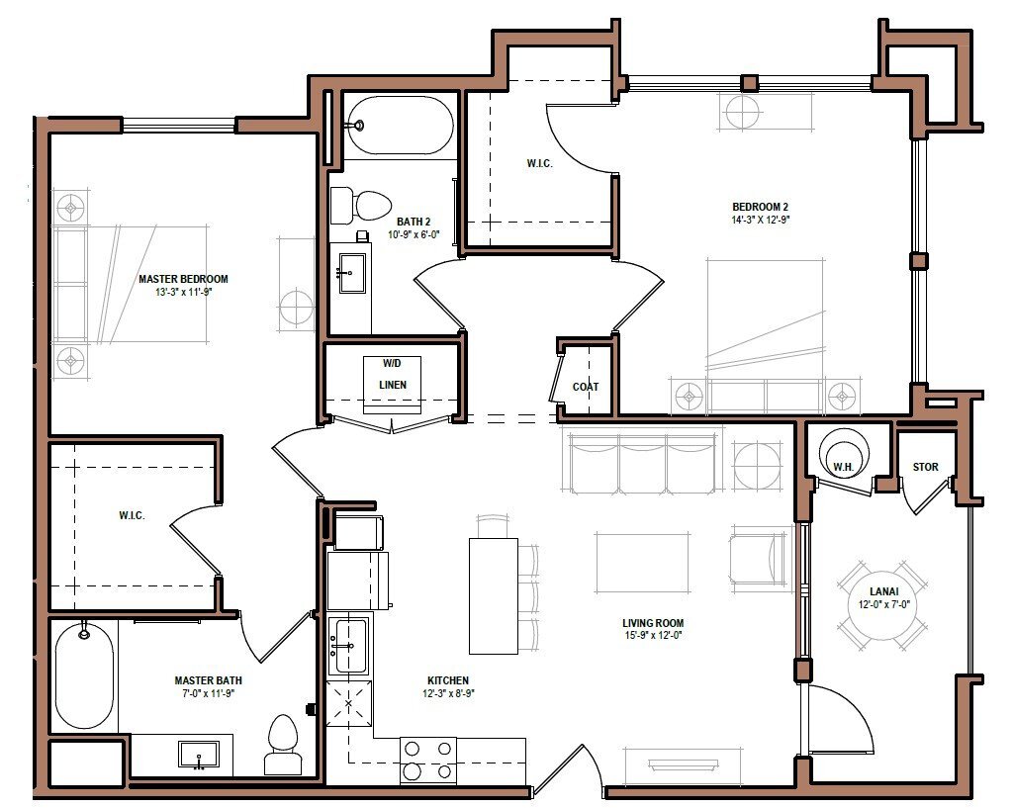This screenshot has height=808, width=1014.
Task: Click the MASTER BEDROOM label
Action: pyautogui.click(x=183, y=279)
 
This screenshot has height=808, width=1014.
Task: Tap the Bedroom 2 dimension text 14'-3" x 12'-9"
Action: pyautogui.click(x=760, y=220)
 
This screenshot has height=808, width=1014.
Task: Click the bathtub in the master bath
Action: pyautogui.click(x=83, y=675)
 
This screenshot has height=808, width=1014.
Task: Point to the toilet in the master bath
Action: pyautogui.click(x=282, y=746)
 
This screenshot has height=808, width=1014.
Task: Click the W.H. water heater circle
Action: pyautogui.click(x=843, y=454)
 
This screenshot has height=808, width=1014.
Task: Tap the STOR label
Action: pyautogui.click(x=925, y=467)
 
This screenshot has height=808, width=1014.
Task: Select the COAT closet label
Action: pyautogui.click(x=586, y=387)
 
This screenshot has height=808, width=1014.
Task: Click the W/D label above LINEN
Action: pyautogui.click(x=393, y=363)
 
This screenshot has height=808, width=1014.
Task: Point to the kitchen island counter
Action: pyautogui.click(x=493, y=595)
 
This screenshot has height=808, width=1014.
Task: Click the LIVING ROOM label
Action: pyautogui.click(x=653, y=623)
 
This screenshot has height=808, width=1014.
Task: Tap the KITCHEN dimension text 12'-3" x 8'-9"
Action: pyautogui.click(x=447, y=694)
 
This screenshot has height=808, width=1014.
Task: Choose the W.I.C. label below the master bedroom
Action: pyautogui.click(x=132, y=515)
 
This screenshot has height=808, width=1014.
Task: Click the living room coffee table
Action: pyautogui.click(x=641, y=564)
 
